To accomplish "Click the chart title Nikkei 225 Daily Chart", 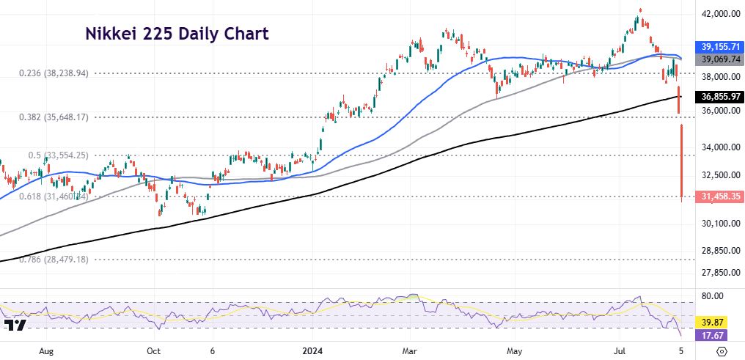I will point(177,34).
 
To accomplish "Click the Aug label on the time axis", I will point(46,351).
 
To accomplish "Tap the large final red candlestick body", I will point(683,161).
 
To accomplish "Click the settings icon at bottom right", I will point(722,351).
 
